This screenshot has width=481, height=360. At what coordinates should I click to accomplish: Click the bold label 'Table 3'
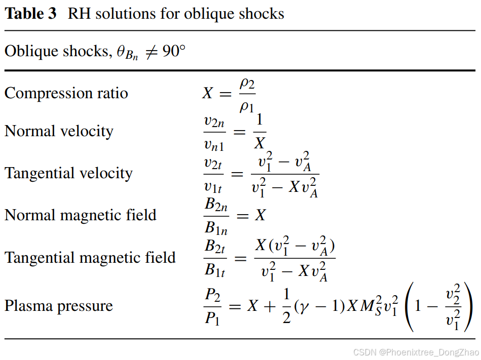click(x=30, y=13)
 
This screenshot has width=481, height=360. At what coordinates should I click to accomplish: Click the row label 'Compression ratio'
click(x=66, y=93)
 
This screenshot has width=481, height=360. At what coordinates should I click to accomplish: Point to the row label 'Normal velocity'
click(x=59, y=131)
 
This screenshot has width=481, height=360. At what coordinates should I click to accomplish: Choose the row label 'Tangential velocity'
click(x=68, y=173)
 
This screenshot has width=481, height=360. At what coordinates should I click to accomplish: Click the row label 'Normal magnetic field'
click(x=81, y=215)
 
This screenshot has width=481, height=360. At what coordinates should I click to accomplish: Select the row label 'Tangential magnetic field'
click(x=90, y=257)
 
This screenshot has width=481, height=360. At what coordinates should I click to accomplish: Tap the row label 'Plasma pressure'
click(x=59, y=306)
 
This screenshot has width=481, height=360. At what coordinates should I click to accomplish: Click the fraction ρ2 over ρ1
click(x=247, y=94)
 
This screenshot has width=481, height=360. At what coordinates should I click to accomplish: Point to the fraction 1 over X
click(x=260, y=132)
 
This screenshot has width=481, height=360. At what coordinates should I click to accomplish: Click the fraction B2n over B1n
click(x=216, y=216)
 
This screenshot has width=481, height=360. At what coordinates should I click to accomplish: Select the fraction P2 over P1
click(x=213, y=306)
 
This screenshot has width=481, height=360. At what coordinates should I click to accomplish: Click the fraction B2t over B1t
click(x=215, y=258)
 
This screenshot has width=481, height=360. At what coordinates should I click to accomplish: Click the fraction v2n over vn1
click(x=214, y=132)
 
